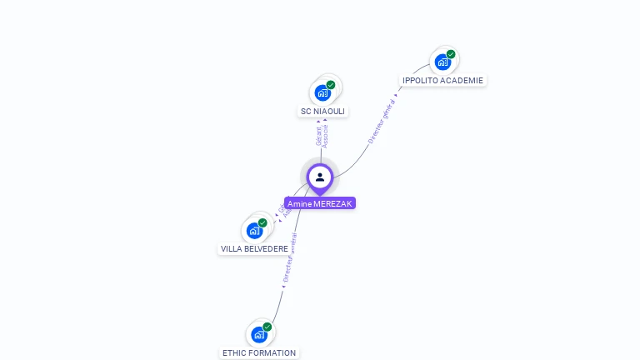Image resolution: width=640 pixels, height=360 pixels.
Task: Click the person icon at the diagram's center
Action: point(320,177)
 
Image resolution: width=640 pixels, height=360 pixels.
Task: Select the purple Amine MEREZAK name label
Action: point(320,203)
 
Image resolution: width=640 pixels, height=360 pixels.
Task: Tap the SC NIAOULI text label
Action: point(322,111)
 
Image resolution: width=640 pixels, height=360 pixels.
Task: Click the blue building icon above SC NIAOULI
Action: point(322,92)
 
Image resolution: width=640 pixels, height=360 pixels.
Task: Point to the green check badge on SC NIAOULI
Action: point(331,85)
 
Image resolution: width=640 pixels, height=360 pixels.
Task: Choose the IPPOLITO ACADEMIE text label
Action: point(442,80)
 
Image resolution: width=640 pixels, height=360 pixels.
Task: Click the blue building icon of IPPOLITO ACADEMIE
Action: point(442,62)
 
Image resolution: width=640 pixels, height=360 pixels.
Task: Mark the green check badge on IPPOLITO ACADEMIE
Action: point(451,54)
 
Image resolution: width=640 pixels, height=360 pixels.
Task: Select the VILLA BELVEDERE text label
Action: point(254,248)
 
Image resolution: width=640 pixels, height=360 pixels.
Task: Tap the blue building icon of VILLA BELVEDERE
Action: point(254,230)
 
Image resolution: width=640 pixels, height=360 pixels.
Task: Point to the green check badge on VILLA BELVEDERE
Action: point(262,222)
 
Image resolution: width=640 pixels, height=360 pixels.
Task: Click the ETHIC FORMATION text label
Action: point(259,352)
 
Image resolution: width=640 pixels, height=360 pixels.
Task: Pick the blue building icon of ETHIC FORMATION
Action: point(258,334)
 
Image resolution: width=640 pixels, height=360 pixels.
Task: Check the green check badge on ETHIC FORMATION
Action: point(267,327)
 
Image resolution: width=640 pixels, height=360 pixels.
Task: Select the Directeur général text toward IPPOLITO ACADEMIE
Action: point(382,120)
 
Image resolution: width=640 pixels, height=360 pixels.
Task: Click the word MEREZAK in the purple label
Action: point(333,203)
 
